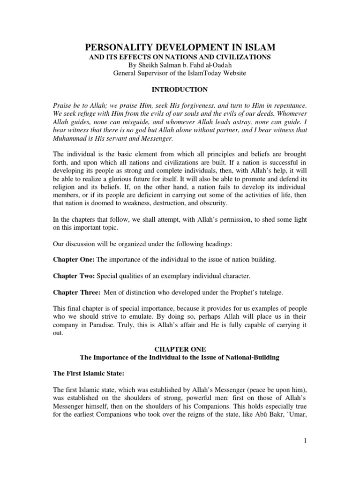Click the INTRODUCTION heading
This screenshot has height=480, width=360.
[x=180, y=89]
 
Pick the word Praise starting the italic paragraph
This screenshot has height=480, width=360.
[x=63, y=106]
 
